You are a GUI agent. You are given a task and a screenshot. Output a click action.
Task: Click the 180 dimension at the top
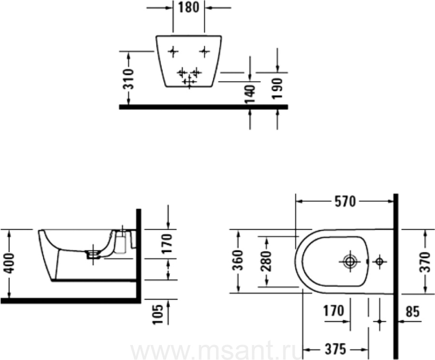point(188,8)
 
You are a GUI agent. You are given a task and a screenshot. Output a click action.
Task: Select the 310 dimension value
point(129,79)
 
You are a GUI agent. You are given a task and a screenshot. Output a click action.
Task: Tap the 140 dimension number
point(250,94)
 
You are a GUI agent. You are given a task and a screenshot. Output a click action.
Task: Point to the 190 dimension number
point(277,89)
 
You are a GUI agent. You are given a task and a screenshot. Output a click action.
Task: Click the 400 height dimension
point(10,263)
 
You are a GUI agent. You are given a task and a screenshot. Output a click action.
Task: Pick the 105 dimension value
point(158,315)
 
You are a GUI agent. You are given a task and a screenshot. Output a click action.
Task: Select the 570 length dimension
point(345,202)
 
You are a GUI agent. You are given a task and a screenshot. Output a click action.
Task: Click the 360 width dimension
point(238,260)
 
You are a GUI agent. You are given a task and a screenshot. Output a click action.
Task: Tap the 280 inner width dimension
point(266,261)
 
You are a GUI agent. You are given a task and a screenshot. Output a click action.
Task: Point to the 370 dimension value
point(425,262)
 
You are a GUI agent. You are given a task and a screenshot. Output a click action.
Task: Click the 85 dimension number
point(413,312)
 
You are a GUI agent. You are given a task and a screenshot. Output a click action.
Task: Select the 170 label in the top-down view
point(333,311)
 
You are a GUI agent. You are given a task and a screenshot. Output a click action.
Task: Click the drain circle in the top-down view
point(349,261)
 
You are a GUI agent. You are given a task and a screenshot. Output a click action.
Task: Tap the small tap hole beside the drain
point(379,261)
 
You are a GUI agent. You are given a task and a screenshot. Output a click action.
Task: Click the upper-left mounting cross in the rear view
point(174,51)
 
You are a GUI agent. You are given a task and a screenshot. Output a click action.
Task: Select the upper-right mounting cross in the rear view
point(204,51)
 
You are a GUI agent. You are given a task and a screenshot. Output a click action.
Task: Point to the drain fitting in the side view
point(93,254)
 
